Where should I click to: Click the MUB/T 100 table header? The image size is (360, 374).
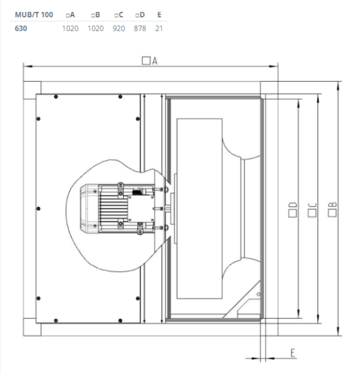tap(34, 14)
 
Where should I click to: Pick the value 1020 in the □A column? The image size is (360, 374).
tap(70, 28)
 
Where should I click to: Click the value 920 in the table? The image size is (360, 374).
tap(119, 28)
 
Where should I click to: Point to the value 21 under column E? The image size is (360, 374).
tap(159, 28)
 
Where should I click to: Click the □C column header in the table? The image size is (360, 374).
tap(119, 14)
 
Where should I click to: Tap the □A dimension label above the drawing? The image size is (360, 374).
tap(149, 60)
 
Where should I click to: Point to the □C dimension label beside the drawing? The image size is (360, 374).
tap(312, 210)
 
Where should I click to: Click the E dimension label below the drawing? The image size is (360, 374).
tap(293, 353)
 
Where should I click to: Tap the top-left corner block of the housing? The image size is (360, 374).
tap(32, 90)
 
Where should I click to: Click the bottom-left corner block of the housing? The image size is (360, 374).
tap(32, 327)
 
